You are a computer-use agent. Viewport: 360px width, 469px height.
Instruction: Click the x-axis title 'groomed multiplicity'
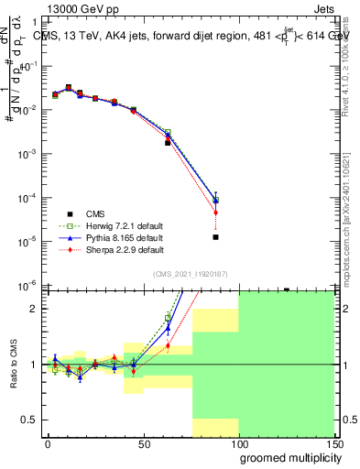click(x=284, y=458)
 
